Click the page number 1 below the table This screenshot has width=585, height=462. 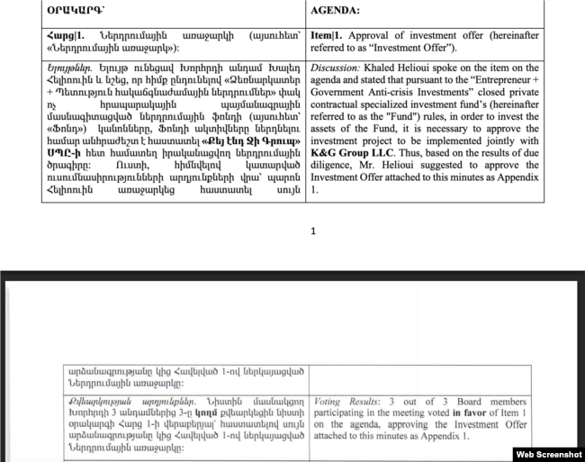coord(313,231)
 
